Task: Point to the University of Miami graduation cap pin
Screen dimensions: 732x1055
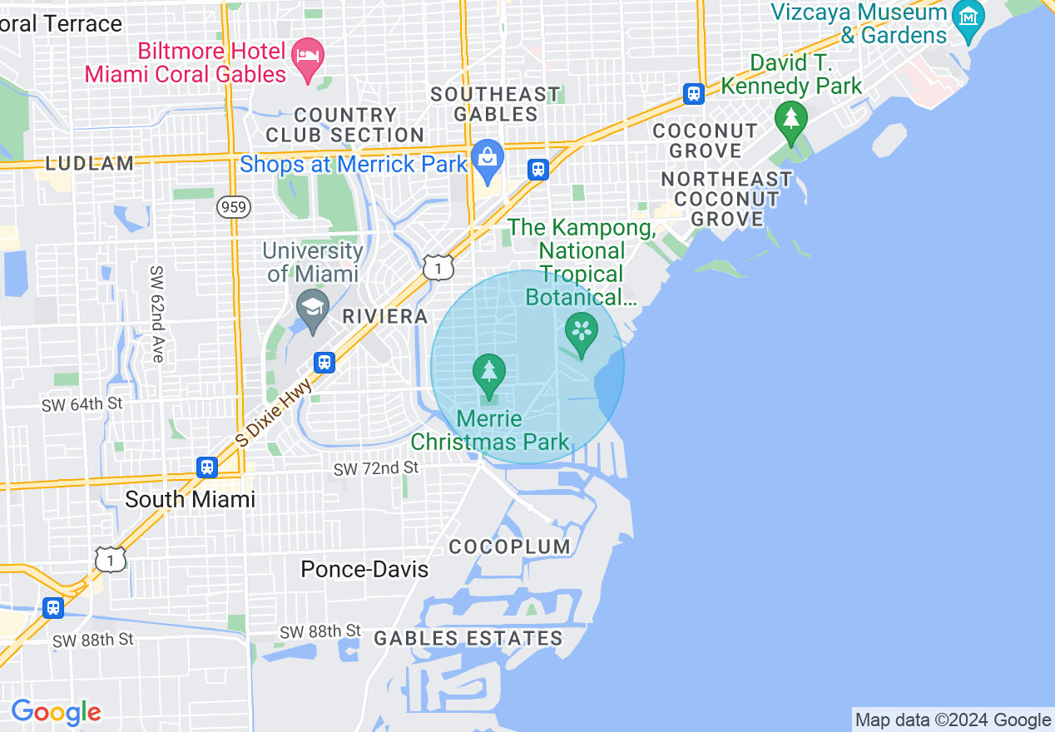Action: click(x=313, y=309)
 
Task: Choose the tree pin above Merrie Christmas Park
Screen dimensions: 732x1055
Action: click(x=489, y=373)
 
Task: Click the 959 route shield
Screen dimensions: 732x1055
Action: click(x=235, y=207)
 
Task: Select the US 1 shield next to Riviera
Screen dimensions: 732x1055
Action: click(x=438, y=267)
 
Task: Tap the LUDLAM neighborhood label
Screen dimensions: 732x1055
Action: click(x=89, y=164)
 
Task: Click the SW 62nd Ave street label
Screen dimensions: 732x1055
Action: click(x=156, y=314)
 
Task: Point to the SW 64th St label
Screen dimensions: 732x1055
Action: click(x=82, y=404)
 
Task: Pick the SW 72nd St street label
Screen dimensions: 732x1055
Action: click(x=376, y=469)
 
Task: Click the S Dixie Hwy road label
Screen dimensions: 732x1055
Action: click(x=275, y=413)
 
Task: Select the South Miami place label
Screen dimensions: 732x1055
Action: click(x=190, y=499)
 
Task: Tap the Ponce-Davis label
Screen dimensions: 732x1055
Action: click(x=364, y=570)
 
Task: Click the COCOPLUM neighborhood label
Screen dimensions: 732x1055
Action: click(x=510, y=547)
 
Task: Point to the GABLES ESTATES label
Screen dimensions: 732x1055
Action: click(x=468, y=639)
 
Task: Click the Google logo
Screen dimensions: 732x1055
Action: click(x=56, y=712)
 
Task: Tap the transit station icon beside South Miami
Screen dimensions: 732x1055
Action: click(x=207, y=467)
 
